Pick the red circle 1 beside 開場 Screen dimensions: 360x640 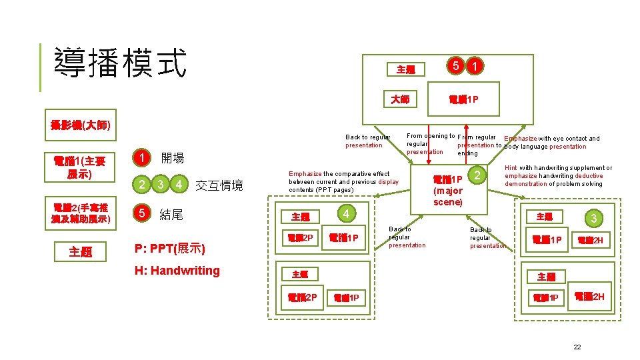(x=141, y=159)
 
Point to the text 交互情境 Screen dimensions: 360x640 (x=219, y=185)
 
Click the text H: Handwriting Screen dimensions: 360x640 (x=177, y=270)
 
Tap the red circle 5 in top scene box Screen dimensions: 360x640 (x=455, y=66)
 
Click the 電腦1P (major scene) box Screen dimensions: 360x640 (x=447, y=191)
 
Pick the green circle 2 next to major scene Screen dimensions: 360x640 (x=477, y=175)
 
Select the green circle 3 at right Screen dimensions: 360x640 (x=593, y=219)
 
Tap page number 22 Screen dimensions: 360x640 (x=577, y=347)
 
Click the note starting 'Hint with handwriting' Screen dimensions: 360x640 (x=558, y=176)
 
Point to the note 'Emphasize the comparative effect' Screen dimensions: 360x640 (x=343, y=182)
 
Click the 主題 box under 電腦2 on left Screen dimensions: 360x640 (x=79, y=252)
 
